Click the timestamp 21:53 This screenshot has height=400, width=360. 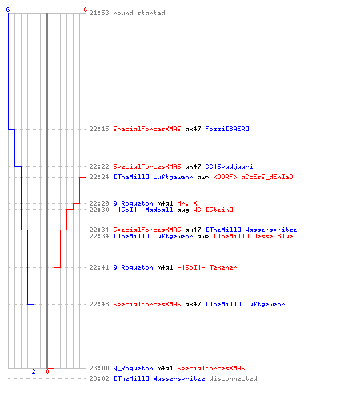99,13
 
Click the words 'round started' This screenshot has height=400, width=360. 139,13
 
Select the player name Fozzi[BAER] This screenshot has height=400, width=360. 227,129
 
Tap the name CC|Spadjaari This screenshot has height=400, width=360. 229,166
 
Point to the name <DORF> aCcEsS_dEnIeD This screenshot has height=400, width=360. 254,177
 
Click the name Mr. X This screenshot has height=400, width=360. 187,203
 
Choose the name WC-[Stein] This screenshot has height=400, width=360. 214,210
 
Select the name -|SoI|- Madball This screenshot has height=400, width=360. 143,210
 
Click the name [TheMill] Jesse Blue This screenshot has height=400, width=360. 254,236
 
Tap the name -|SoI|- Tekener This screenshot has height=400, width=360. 207,267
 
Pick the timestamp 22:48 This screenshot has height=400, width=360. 99,304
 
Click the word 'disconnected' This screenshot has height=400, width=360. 233,378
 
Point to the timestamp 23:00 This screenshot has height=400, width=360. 99,368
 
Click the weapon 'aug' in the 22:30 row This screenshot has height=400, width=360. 183,210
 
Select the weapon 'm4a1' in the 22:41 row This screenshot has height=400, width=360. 166,267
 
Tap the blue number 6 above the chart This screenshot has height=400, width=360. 8,10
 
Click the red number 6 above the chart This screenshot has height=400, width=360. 86,10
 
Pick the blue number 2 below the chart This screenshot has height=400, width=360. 34,371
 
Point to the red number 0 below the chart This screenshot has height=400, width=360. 47,371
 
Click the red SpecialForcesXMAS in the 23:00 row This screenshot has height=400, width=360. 211,368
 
